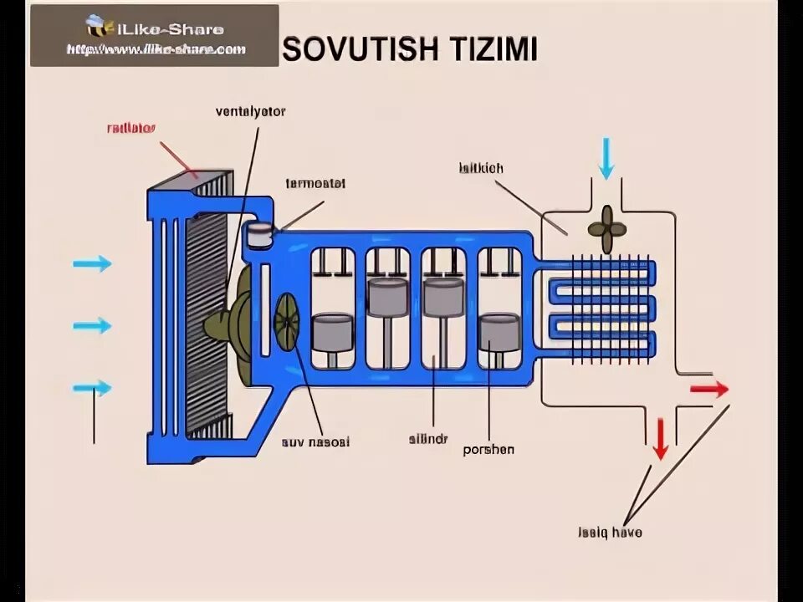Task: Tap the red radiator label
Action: point(132,129)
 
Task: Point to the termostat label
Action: point(315,183)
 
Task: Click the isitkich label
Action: point(480,168)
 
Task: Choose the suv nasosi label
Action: point(315,441)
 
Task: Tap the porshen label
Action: point(488,449)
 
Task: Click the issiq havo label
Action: point(610,532)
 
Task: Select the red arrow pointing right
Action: point(708,390)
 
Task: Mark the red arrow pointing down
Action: point(661,438)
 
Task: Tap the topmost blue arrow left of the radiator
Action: point(92,263)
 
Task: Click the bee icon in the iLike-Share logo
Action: point(96,28)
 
